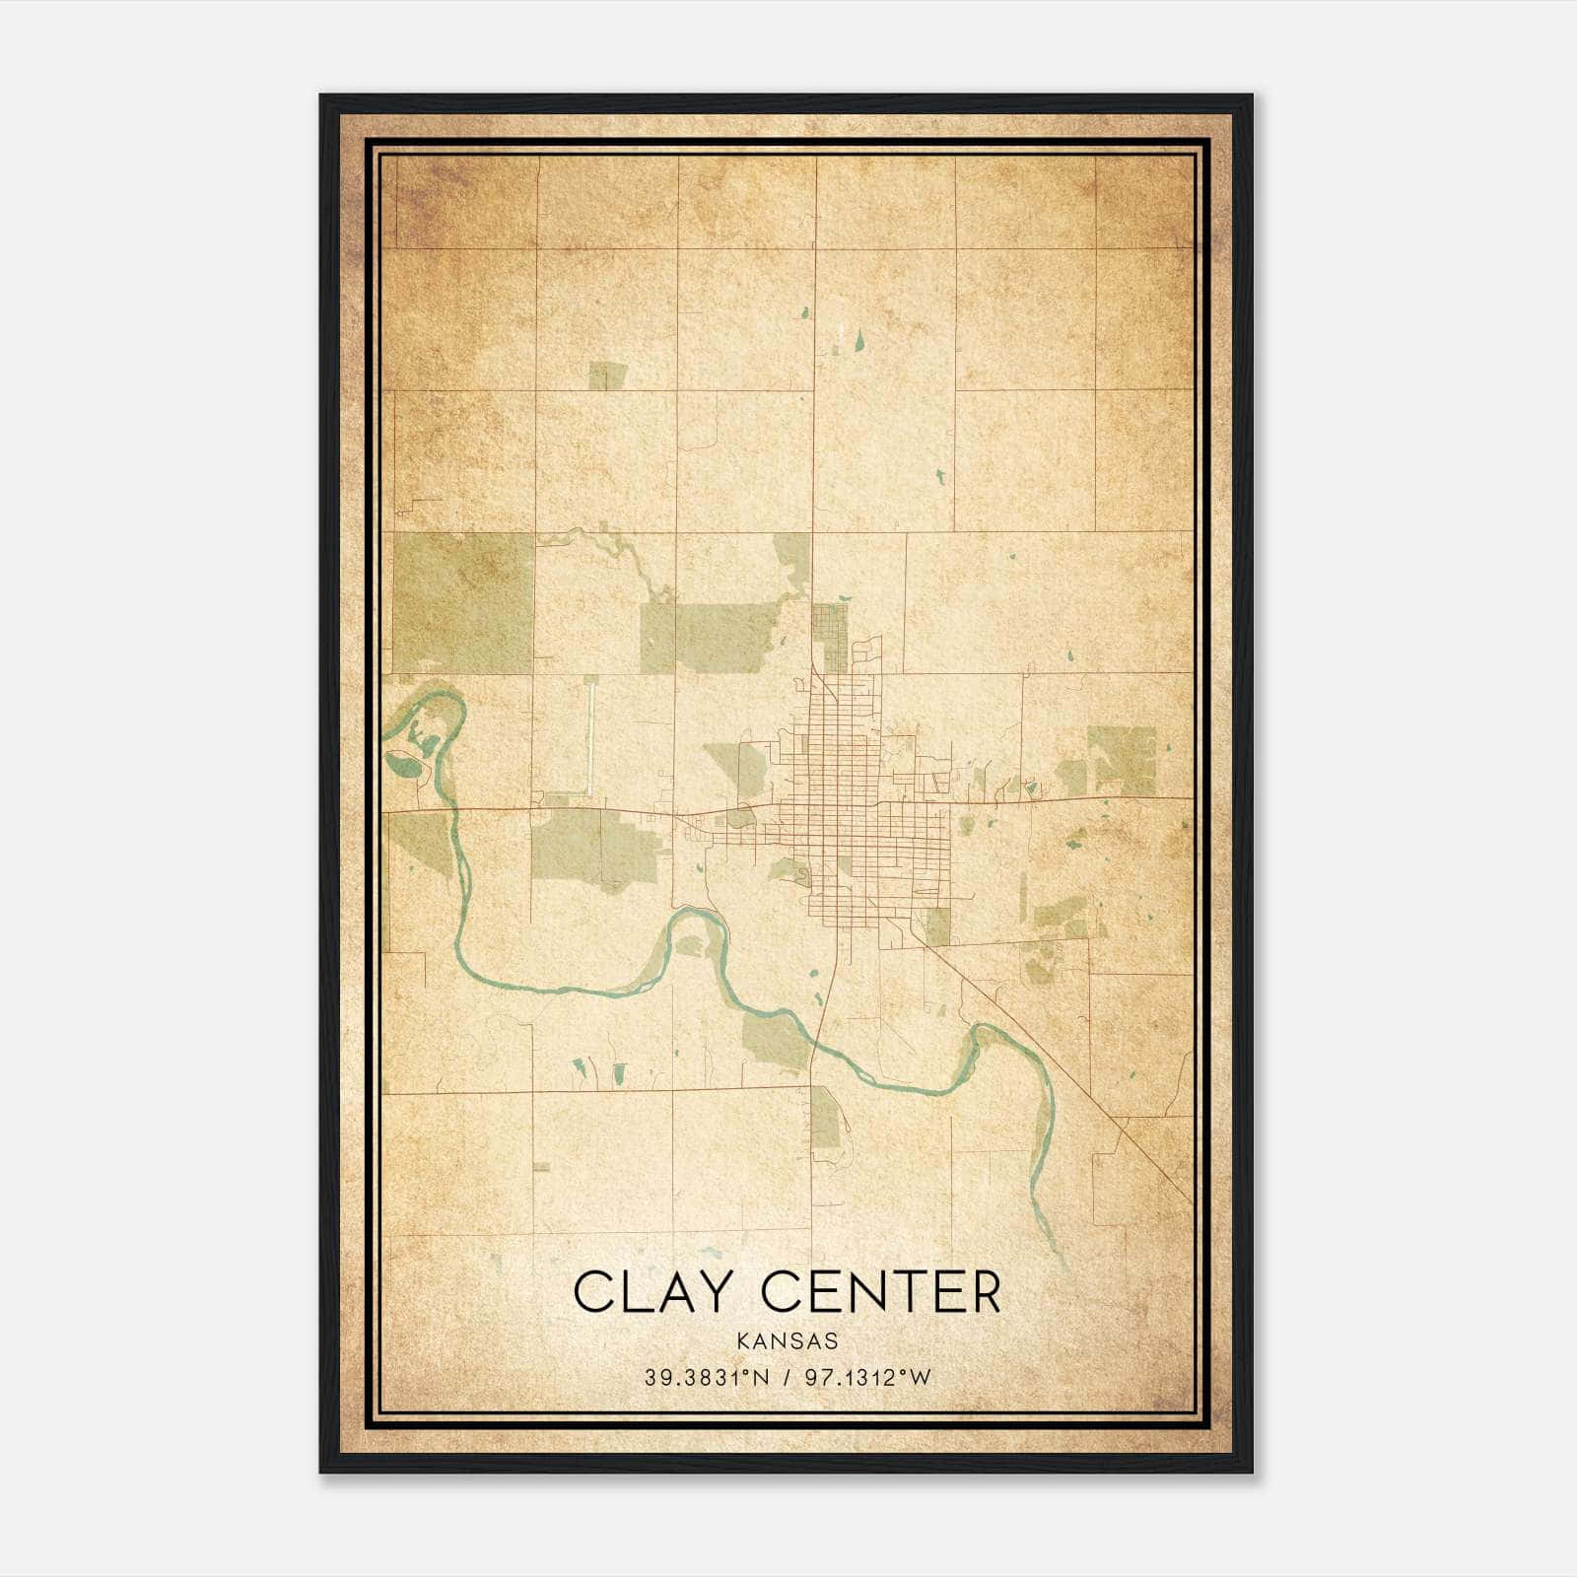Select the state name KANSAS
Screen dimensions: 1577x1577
(x=788, y=1341)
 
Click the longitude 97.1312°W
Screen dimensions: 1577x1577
(x=868, y=1378)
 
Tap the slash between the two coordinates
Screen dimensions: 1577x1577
(x=787, y=1378)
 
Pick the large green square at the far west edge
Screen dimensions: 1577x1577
(x=461, y=601)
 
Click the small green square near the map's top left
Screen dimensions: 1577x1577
(x=607, y=376)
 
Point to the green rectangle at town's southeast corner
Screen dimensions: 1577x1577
(x=939, y=926)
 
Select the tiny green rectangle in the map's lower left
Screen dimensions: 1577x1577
(x=541, y=1167)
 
